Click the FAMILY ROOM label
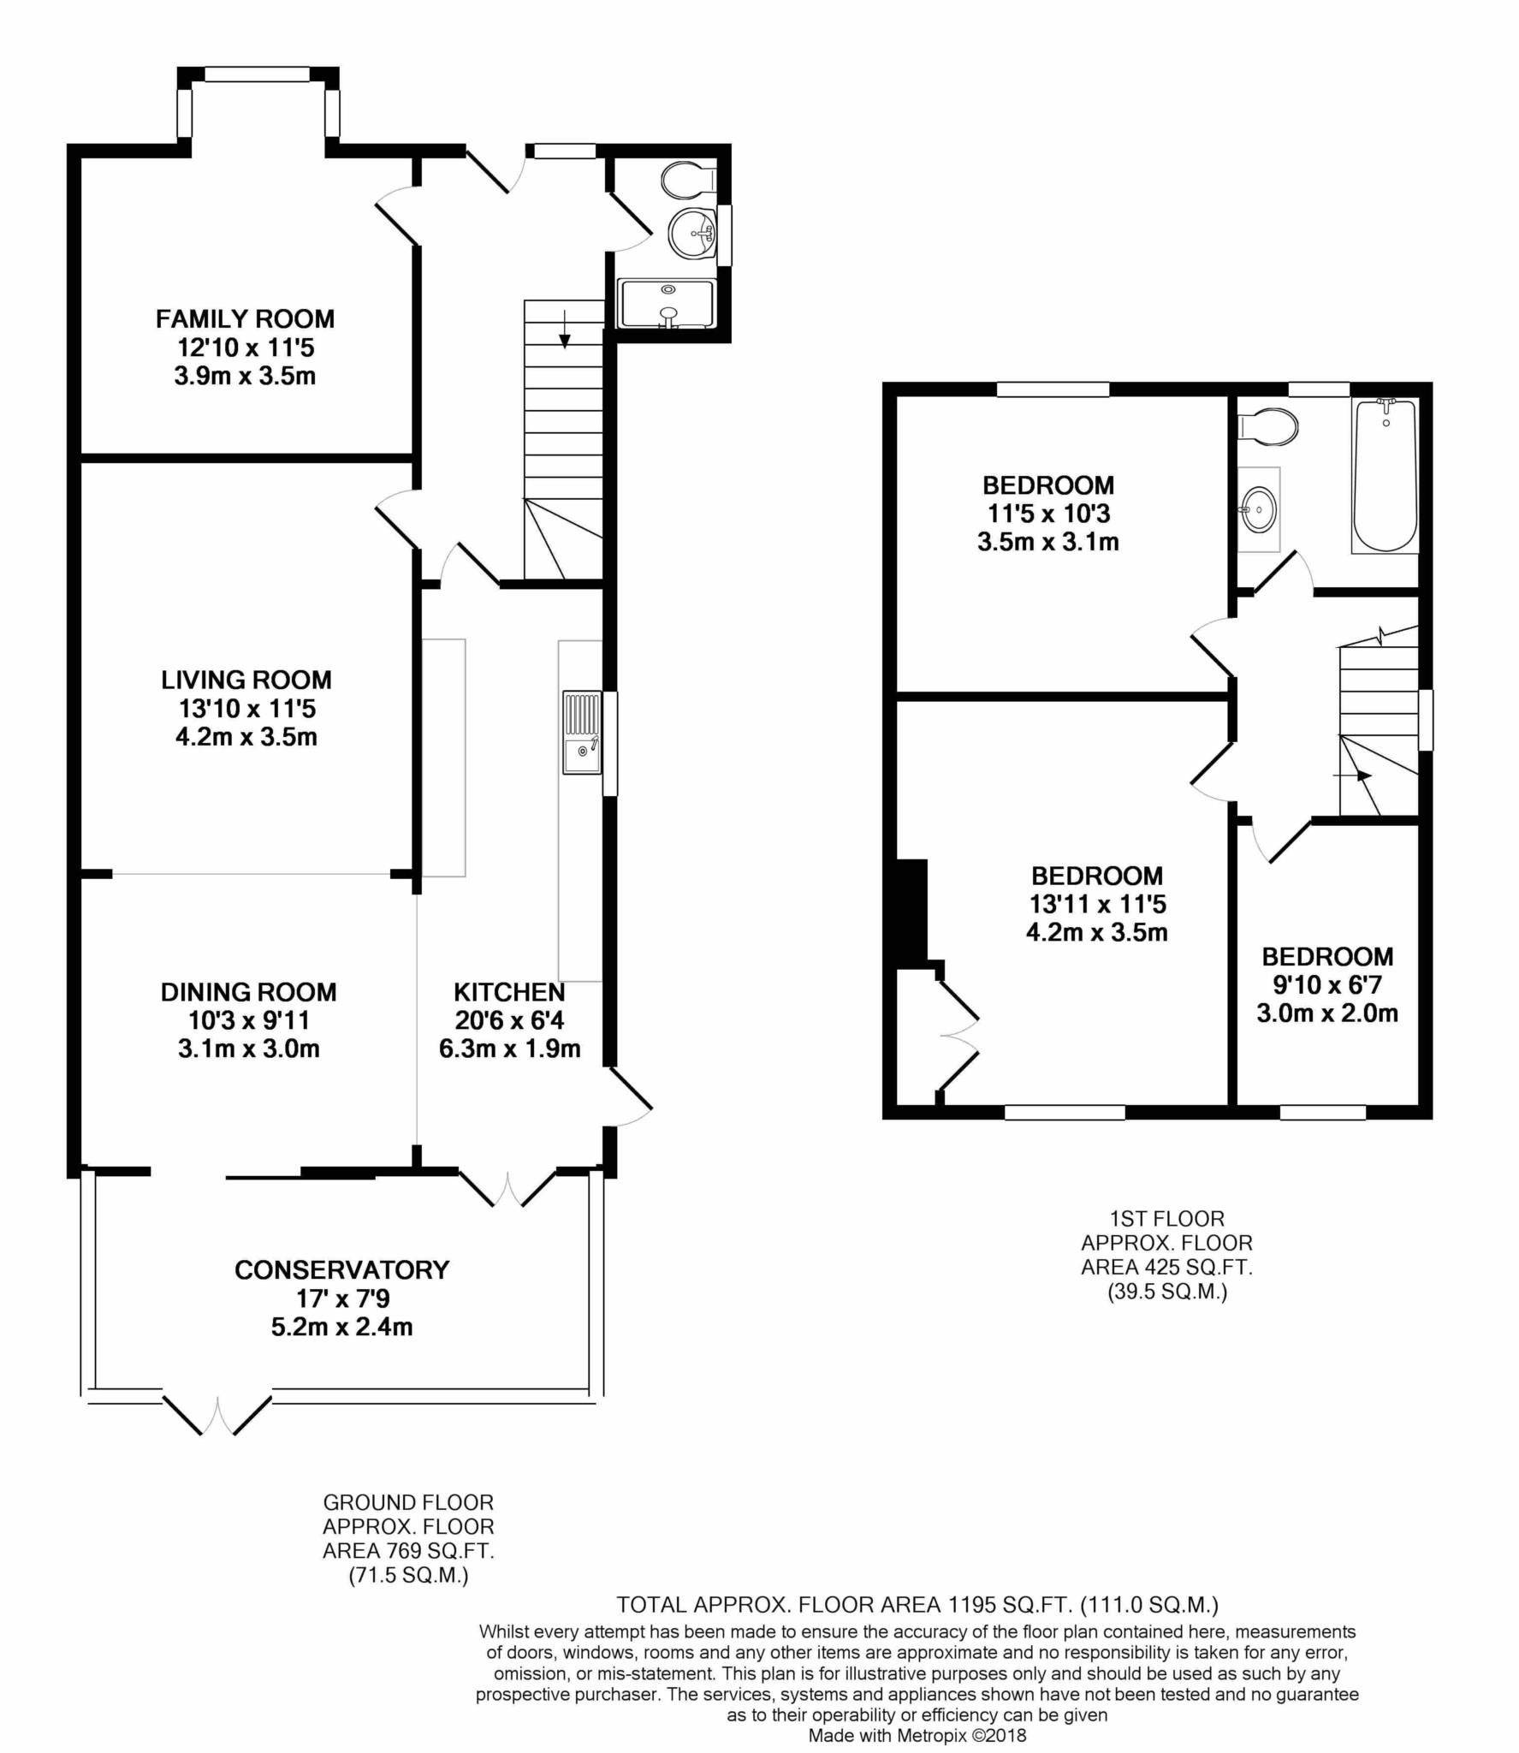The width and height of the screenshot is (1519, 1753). [x=245, y=319]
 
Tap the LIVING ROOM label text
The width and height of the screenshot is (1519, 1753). [x=246, y=680]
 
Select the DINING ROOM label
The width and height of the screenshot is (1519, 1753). [x=249, y=992]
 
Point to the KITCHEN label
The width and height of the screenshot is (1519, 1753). [x=509, y=992]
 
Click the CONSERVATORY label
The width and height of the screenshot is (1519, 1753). [x=342, y=1269]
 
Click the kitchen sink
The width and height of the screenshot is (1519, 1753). [x=582, y=733]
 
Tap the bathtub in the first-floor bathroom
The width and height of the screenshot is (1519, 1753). [x=1385, y=475]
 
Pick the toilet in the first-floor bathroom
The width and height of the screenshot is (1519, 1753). [x=1269, y=425]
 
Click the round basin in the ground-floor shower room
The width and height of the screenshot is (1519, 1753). [x=692, y=233]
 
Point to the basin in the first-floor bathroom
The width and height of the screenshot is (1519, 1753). [x=1259, y=509]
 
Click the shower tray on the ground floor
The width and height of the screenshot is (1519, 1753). [x=667, y=304]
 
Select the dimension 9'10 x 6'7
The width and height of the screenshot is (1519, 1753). [x=1327, y=985]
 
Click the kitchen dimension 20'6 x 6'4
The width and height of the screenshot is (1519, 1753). [x=510, y=1020]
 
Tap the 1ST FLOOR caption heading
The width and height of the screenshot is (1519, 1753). [x=1166, y=1218]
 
